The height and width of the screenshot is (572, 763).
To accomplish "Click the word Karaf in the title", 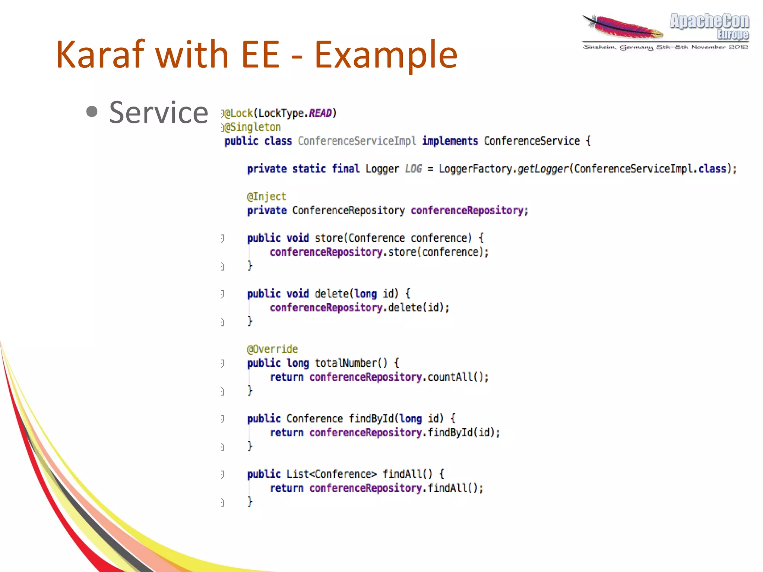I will [x=100, y=55].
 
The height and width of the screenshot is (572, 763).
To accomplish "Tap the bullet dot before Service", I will [x=92, y=111].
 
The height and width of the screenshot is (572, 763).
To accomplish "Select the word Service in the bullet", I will [x=158, y=113].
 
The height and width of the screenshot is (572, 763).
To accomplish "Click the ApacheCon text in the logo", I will [x=709, y=21].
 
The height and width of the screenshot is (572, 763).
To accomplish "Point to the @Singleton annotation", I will [x=253, y=127].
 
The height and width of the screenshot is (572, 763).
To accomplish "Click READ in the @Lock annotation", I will [x=320, y=113].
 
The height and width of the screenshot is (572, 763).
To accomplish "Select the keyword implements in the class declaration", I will [x=450, y=141].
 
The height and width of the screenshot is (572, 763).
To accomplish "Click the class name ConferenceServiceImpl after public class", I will [x=357, y=141].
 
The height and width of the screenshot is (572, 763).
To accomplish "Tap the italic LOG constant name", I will [x=413, y=169].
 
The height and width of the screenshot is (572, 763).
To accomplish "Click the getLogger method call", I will [x=542, y=169].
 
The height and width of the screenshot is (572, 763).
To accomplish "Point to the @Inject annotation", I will [x=266, y=196].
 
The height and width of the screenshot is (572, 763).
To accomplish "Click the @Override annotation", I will [x=272, y=349].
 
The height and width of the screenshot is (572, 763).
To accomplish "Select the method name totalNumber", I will [x=346, y=363].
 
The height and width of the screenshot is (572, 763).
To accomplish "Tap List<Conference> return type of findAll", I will [x=331, y=474].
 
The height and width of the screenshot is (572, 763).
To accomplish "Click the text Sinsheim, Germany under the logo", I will [x=618, y=47].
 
